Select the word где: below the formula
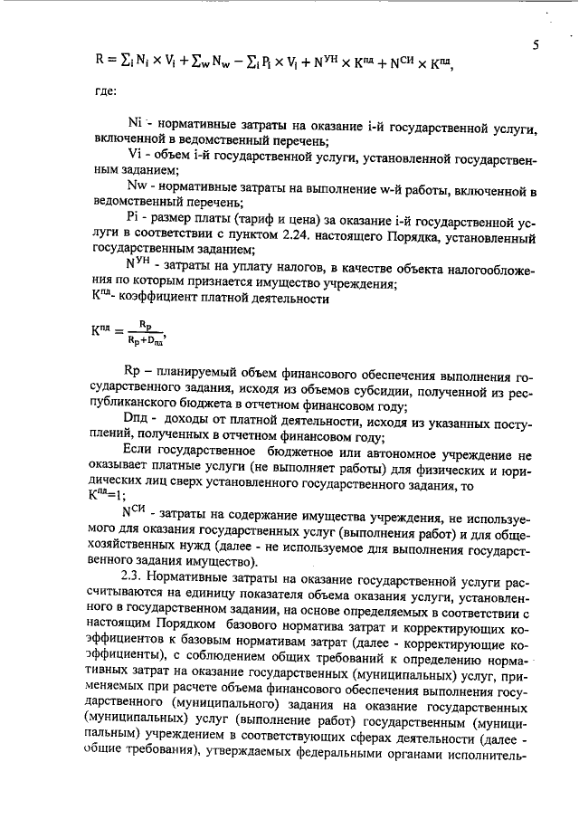[105, 91]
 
